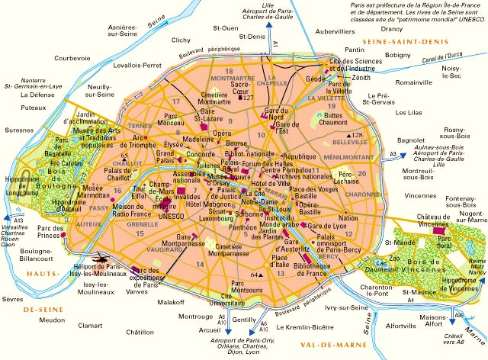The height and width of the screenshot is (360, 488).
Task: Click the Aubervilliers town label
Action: click(x=340, y=33)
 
